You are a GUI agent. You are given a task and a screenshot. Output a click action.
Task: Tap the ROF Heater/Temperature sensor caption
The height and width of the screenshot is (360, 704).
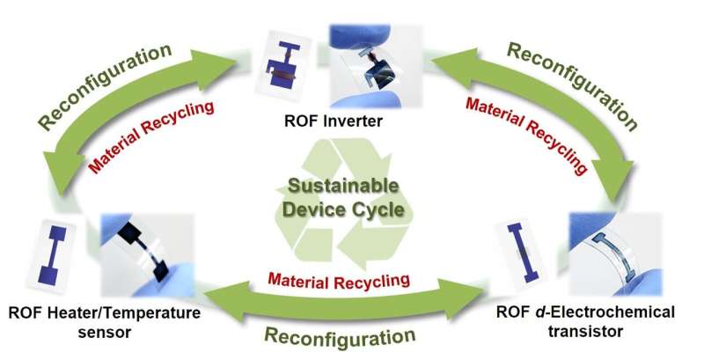[x=103, y=321]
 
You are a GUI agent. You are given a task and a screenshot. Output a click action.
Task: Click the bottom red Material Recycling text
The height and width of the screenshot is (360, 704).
[x=339, y=282]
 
